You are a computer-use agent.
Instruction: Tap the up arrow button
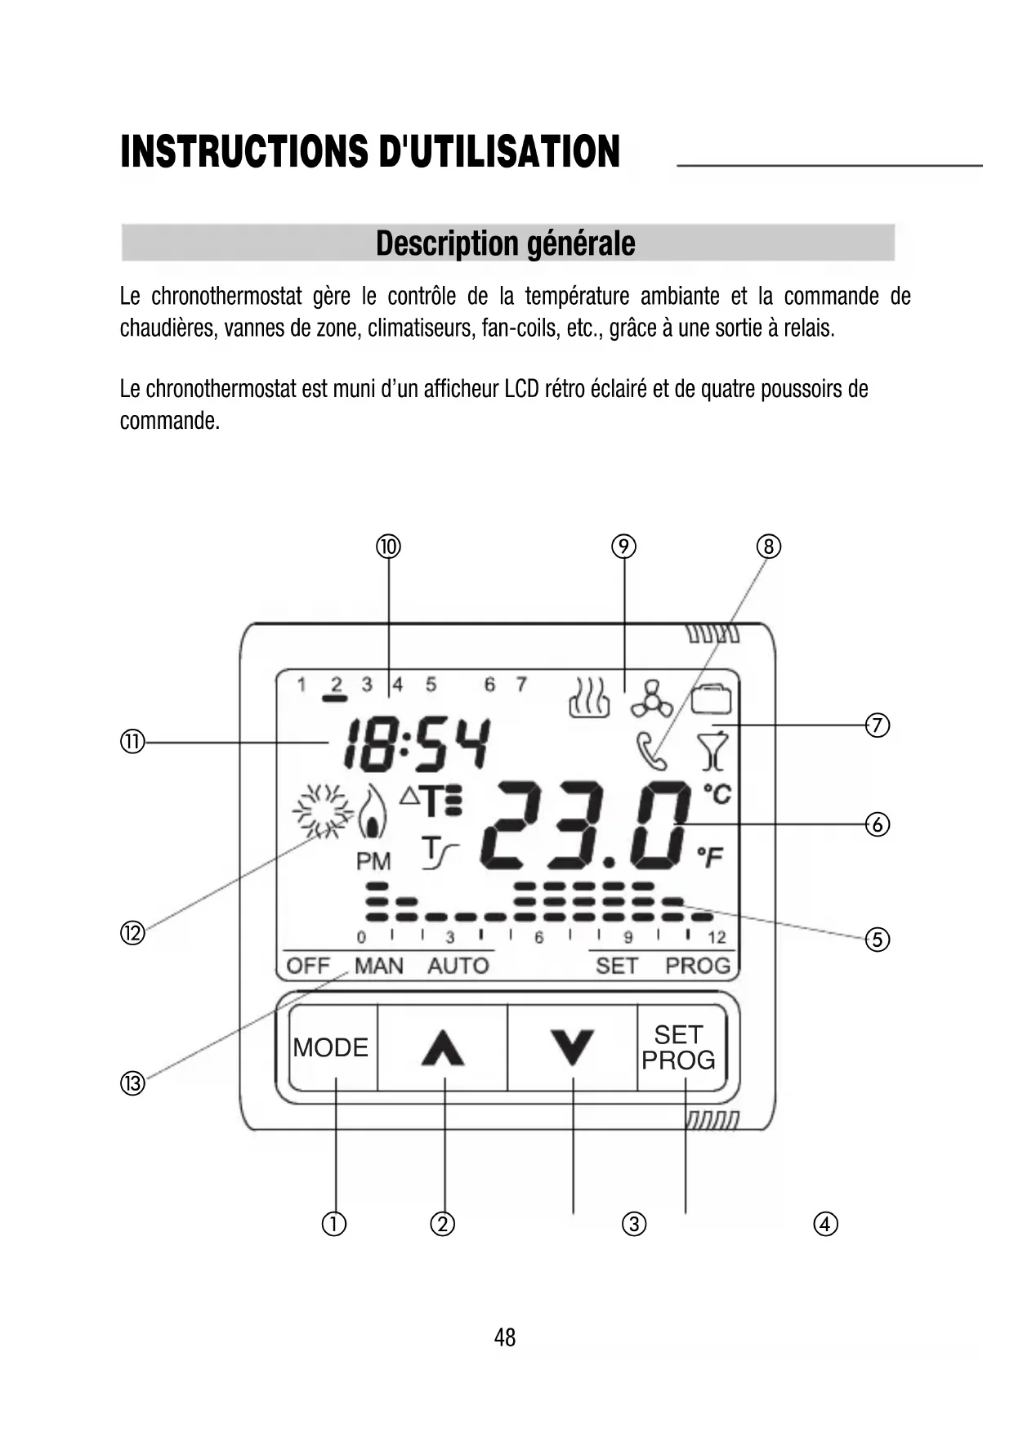pyautogui.click(x=443, y=1048)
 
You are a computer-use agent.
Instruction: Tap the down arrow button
pyautogui.click(x=572, y=1048)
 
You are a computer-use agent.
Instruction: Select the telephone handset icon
pyautogui.click(x=650, y=751)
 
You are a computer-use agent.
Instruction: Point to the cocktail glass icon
pyautogui.click(x=712, y=752)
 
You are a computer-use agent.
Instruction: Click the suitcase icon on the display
pyautogui.click(x=712, y=699)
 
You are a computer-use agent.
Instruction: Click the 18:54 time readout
pyautogui.click(x=418, y=745)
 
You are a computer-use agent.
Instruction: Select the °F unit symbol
pyautogui.click(x=710, y=857)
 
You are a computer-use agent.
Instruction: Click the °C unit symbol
pyautogui.click(x=717, y=793)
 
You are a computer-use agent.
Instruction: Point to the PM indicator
pyautogui.click(x=373, y=861)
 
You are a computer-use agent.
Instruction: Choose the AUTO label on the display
pyautogui.click(x=458, y=966)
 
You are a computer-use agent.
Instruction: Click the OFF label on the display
pyautogui.click(x=308, y=966)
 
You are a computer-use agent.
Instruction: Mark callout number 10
pyautogui.click(x=388, y=546)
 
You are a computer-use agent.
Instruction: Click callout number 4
pyautogui.click(x=825, y=1224)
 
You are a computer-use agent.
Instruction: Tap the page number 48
pyautogui.click(x=505, y=1337)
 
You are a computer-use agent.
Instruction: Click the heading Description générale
pyautogui.click(x=506, y=243)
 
